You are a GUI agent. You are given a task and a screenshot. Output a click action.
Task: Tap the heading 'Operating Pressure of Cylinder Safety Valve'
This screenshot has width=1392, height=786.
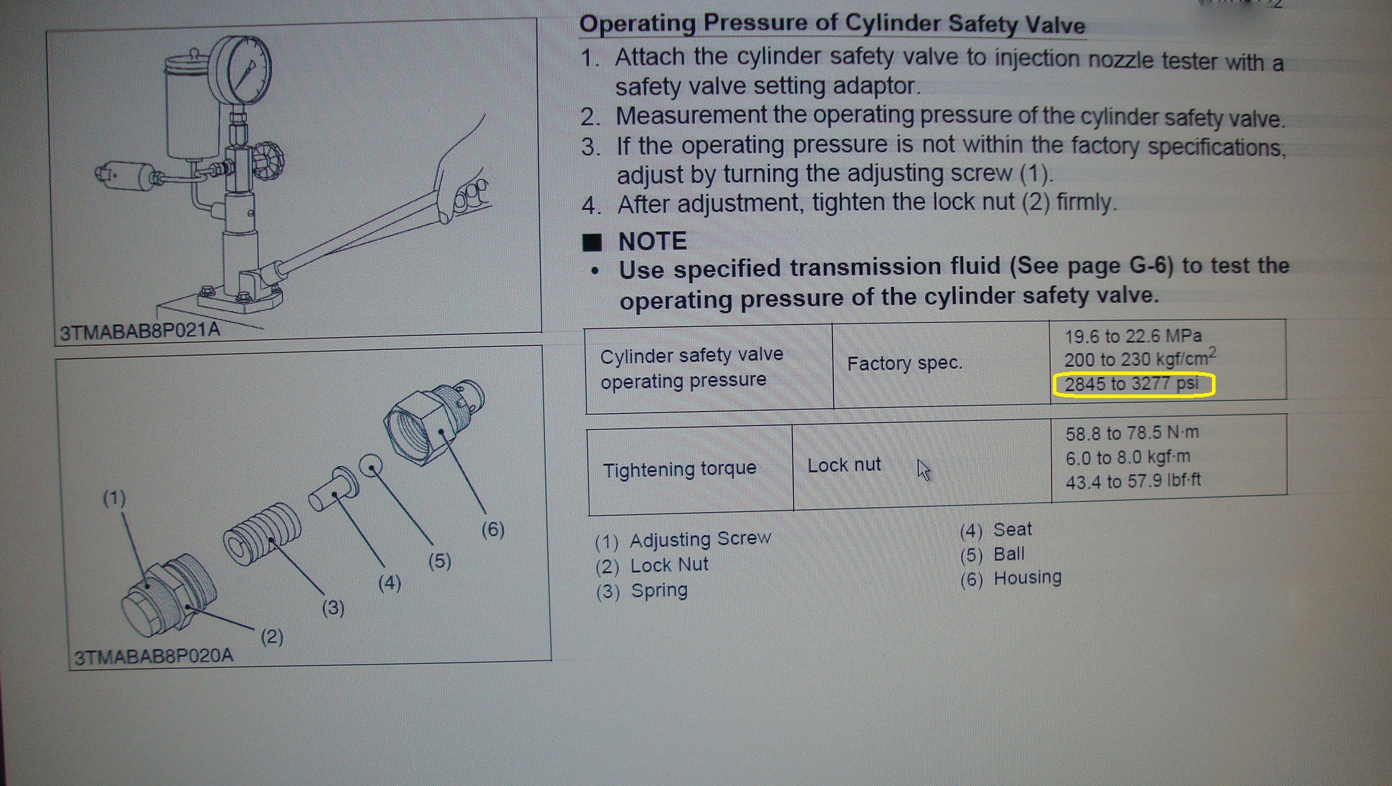[x=832, y=24]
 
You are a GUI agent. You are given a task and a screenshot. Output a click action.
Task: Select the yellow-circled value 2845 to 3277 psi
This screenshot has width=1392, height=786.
[x=1133, y=384]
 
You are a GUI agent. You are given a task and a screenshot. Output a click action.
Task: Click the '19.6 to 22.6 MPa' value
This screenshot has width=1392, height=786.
[x=1132, y=336]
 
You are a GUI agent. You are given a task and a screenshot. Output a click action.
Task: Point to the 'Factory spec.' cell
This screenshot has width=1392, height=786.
[x=904, y=364]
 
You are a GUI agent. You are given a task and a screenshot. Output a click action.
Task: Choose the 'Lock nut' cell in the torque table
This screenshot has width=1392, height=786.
[x=844, y=465]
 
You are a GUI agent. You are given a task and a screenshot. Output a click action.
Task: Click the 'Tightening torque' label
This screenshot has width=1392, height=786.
[x=679, y=469]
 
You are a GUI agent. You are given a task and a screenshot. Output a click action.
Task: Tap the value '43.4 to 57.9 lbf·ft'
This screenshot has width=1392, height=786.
[x=1133, y=480]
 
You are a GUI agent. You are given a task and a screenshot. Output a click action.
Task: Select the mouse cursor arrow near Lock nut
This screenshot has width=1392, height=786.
[x=924, y=470]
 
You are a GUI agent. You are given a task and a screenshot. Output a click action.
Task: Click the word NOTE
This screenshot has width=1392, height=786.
[x=653, y=241]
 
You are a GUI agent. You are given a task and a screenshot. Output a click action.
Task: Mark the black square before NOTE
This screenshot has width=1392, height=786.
[x=592, y=242]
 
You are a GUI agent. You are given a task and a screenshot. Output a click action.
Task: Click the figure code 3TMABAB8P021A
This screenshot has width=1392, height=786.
[x=140, y=331]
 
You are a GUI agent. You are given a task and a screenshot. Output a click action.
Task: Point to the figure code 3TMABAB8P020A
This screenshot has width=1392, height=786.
[x=153, y=656]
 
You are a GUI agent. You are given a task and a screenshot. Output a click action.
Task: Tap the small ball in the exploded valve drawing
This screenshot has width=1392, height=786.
[x=371, y=466]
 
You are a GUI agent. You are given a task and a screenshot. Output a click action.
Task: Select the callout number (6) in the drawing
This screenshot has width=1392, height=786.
[x=493, y=530]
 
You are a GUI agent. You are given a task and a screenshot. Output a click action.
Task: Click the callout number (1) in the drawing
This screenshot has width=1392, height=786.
[x=114, y=498]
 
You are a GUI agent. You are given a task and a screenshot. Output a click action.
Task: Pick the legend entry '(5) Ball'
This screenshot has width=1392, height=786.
[x=992, y=554]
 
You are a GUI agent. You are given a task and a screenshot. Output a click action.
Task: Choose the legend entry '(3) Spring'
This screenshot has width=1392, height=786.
[x=642, y=591]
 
